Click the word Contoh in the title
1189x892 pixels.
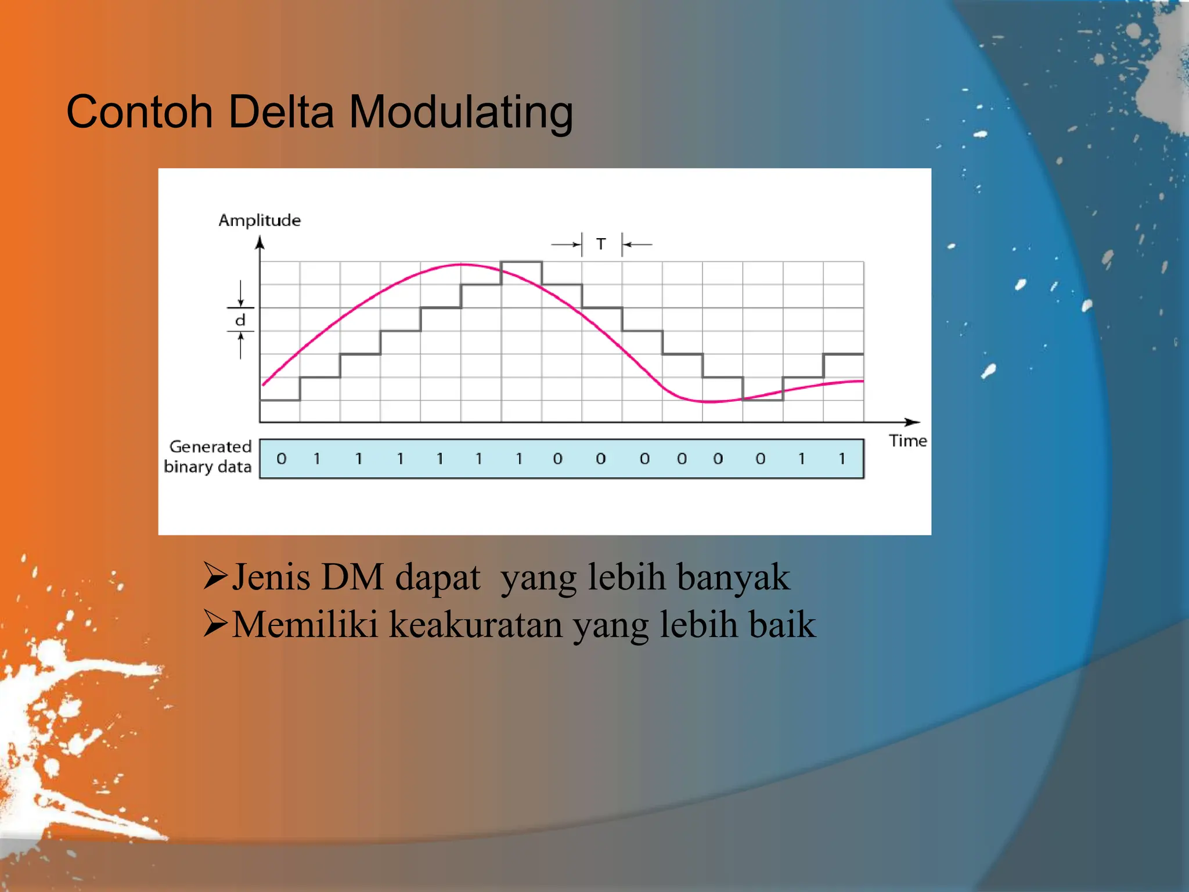[139, 111]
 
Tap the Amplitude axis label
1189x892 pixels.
[260, 221]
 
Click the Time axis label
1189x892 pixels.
[907, 441]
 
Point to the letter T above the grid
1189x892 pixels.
[601, 244]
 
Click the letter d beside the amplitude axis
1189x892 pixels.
[240, 320]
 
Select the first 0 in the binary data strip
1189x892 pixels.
[282, 459]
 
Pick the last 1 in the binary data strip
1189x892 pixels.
[842, 459]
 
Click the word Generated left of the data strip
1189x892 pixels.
[210, 447]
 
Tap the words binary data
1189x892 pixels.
[207, 467]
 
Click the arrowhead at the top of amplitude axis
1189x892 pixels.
[260, 242]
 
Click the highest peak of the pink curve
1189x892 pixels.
[463, 265]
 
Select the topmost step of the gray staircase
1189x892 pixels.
[521, 262]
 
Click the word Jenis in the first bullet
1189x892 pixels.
[271, 577]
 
